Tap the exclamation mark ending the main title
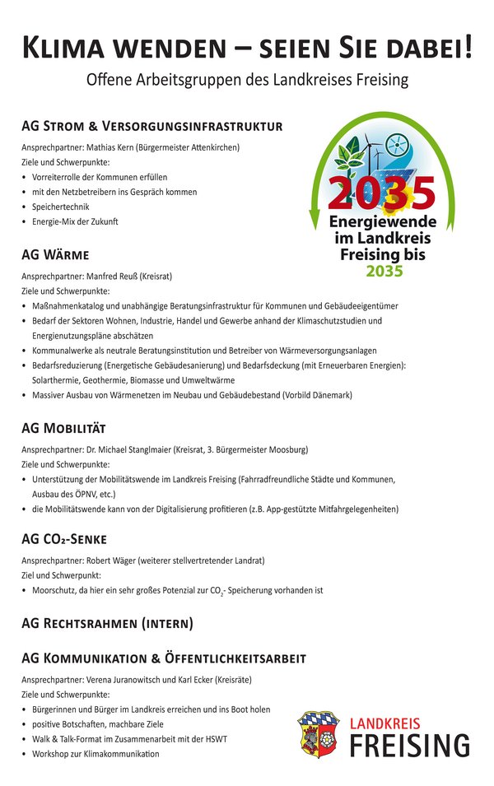[468, 47]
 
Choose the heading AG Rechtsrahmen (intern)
[107, 623]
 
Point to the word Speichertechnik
[60, 207]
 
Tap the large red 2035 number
[380, 194]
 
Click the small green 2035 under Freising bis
[384, 271]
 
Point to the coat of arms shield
[317, 734]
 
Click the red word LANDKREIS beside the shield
[384, 723]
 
